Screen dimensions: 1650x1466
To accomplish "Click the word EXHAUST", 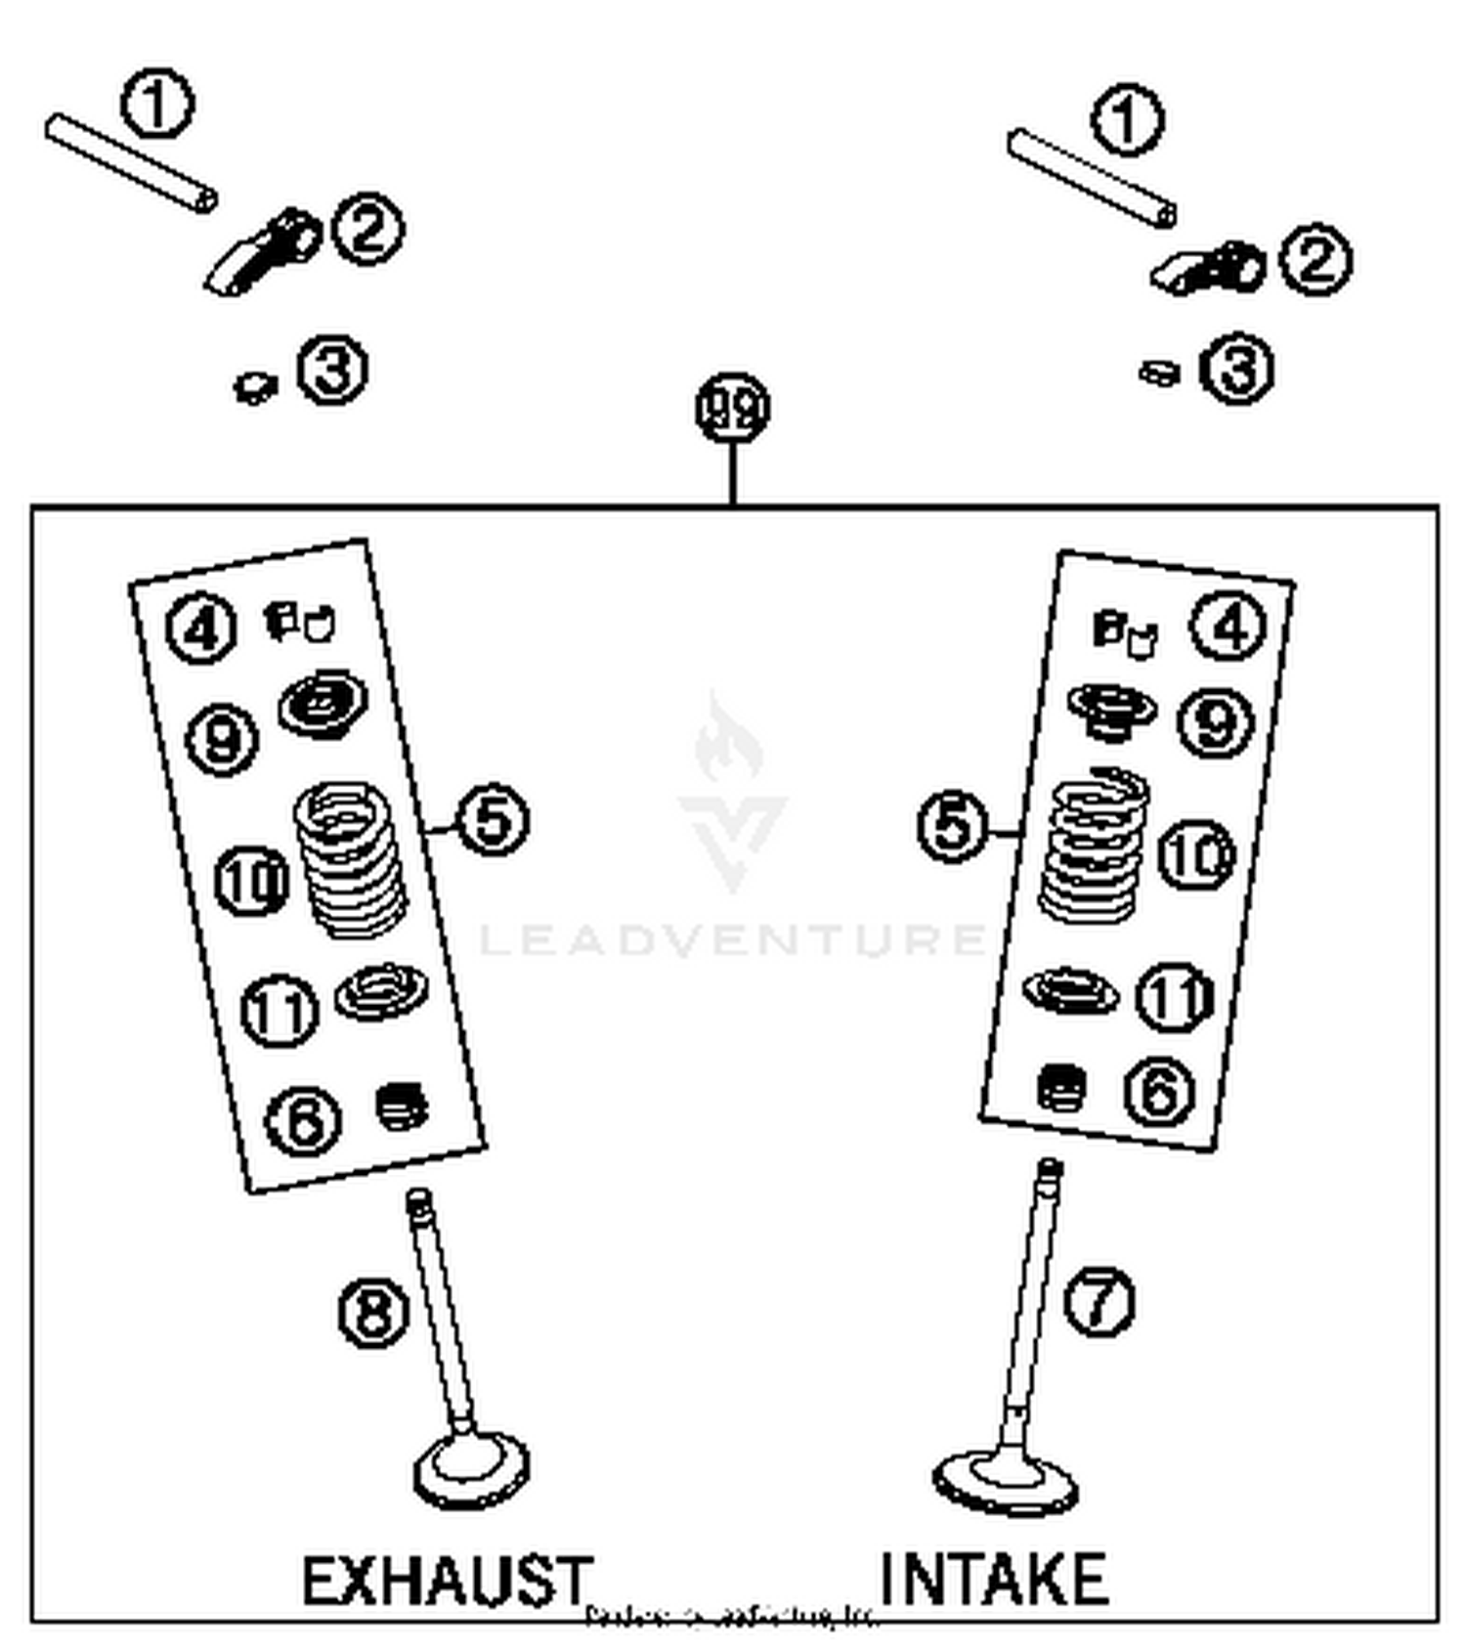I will pos(446,1580).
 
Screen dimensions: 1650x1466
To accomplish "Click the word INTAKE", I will pos(994,1578).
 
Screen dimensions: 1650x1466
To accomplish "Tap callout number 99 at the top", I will pos(732,408).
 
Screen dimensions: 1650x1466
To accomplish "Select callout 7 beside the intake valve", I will pos(1099,1300).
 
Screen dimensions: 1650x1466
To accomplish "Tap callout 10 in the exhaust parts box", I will pos(251,881).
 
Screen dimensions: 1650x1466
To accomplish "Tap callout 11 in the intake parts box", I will pos(1174,997).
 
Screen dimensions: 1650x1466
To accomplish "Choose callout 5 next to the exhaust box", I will pos(493,819).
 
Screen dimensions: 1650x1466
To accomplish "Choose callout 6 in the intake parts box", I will pos(1159,1091).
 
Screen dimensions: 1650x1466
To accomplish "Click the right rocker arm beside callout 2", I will pos(1208,269).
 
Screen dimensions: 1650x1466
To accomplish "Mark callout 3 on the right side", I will pos(1237,369).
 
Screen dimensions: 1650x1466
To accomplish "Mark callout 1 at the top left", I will pos(157,103).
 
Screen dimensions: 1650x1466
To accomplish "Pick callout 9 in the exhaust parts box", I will pos(222,738).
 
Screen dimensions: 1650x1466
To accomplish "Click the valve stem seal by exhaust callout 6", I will pos(402,1106).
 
